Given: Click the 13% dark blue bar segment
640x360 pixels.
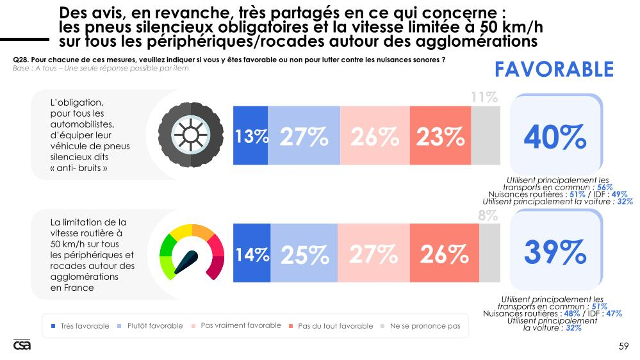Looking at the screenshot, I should point(250,136).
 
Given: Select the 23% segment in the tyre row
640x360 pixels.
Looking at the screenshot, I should point(440,136).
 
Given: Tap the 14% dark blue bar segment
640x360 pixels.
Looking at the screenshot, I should point(252,254).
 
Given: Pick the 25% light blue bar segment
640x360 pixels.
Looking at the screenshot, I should point(304,254).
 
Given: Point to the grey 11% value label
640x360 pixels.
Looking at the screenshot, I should point(484,97).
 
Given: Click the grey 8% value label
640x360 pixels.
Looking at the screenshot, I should point(488,216).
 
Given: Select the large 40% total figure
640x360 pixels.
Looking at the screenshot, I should point(555,136).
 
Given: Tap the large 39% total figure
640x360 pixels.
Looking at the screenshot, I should point(555,253).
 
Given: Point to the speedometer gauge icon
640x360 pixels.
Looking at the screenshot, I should point(192,253).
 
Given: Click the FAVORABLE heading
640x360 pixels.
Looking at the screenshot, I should point(554,69).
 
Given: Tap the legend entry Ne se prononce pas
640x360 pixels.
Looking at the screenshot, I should point(420,326).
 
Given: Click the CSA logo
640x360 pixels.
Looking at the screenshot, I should point(22,345).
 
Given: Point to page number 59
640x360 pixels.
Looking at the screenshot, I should point(623,347).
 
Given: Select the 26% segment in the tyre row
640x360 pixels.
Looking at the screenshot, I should point(375,136).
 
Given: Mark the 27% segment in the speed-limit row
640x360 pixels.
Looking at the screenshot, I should point(373,254).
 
